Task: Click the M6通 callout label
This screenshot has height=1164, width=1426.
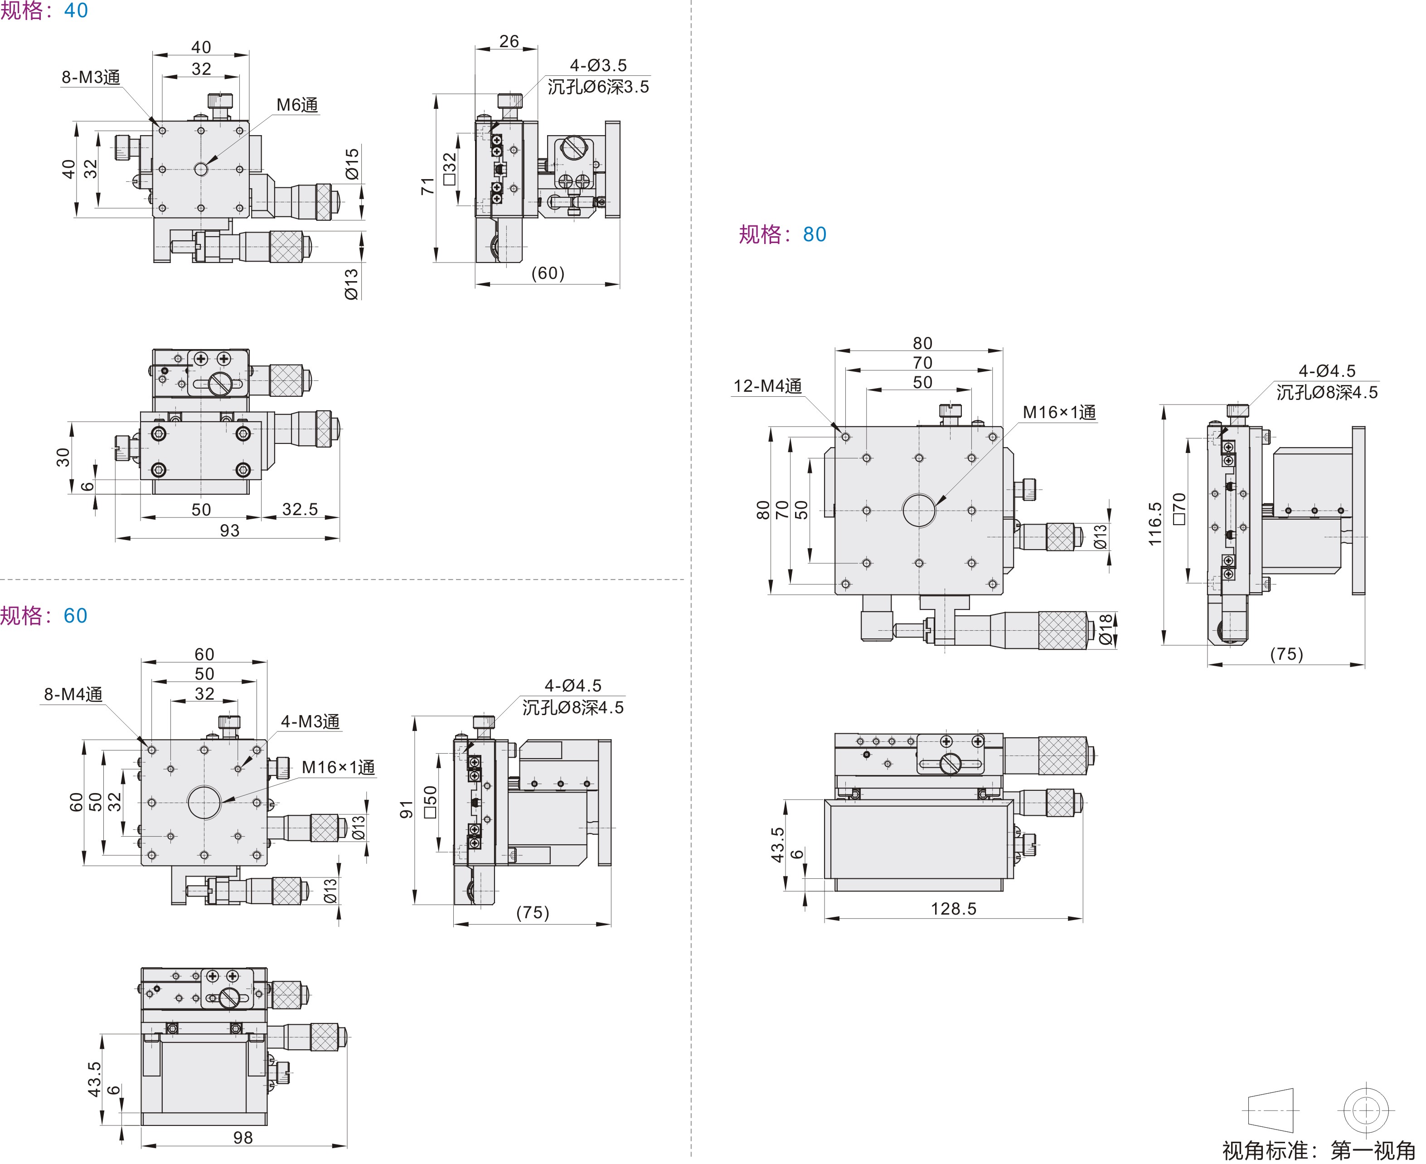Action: click(297, 105)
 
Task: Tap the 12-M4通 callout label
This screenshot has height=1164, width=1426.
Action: click(767, 386)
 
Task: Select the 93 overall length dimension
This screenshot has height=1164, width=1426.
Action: click(229, 531)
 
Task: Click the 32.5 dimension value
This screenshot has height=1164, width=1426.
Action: click(300, 510)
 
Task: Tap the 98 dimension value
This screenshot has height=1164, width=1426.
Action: click(243, 1138)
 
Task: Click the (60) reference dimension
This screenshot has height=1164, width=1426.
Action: click(548, 273)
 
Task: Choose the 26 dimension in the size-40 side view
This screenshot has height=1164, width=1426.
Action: click(509, 42)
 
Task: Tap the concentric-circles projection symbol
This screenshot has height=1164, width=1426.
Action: click(1365, 1111)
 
